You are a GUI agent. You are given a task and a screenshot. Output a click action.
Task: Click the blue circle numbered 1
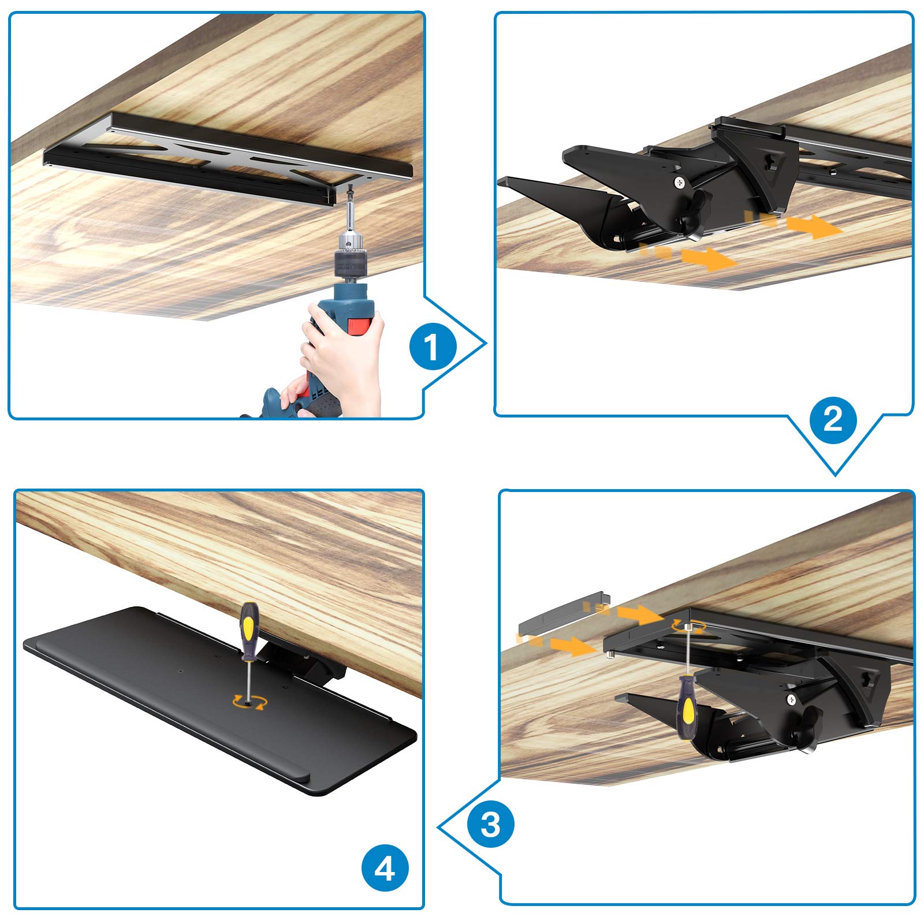(433, 347)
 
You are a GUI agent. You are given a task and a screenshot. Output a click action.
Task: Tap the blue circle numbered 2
(833, 419)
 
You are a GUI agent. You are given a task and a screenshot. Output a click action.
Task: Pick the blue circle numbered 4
(385, 867)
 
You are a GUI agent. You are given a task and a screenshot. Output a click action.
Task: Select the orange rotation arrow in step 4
(249, 701)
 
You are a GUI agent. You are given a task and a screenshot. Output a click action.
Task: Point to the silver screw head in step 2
(681, 182)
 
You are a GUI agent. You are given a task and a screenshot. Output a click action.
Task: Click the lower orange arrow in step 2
(687, 257)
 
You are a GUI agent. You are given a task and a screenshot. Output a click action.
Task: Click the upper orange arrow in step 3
(624, 612)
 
